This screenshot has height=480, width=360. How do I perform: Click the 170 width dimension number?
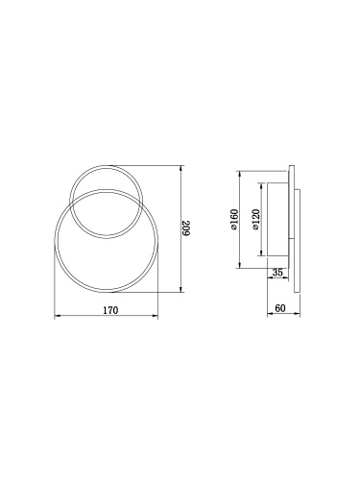coord(109,310)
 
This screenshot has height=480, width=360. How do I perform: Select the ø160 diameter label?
coord(234,222)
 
